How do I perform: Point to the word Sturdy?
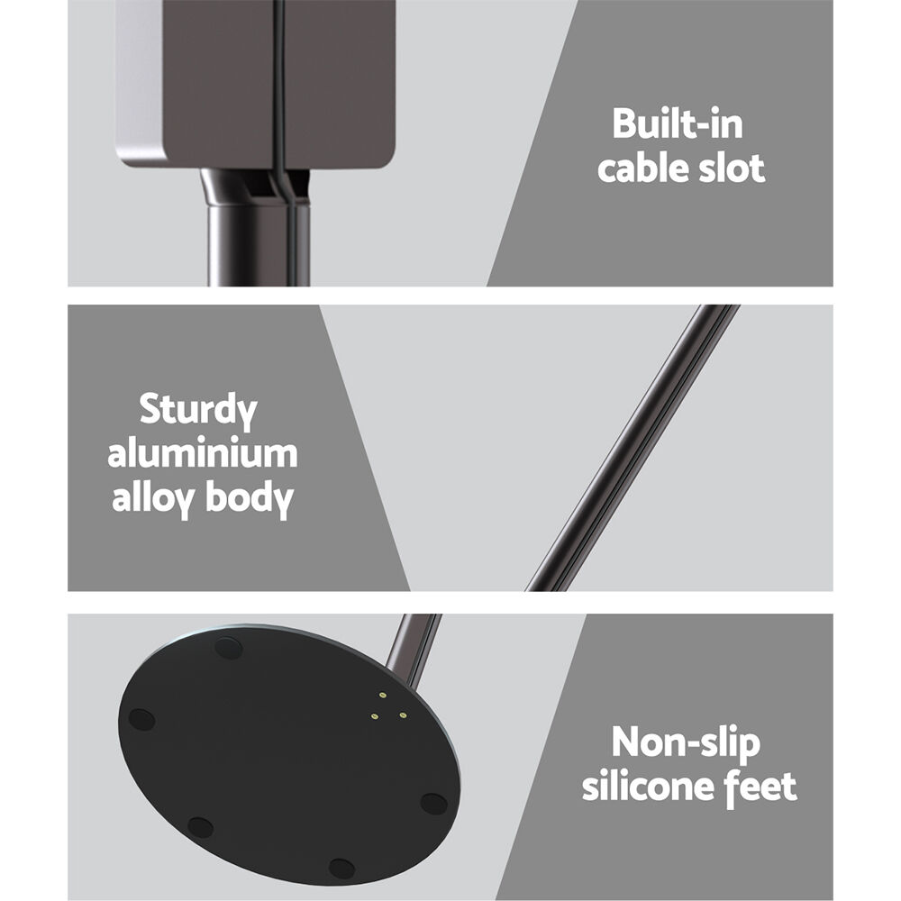pos(198,411)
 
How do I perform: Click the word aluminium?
pos(202,453)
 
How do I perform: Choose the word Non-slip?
pos(686,743)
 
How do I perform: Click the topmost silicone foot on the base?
pos(228,648)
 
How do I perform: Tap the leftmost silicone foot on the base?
pos(141,719)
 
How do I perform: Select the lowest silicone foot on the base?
pos(341,869)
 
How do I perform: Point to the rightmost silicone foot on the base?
pos(434,804)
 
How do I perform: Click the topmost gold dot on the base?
pos(383,696)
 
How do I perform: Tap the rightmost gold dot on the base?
pos(403,715)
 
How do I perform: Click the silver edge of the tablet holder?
pos(140,86)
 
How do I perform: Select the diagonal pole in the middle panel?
pos(633,448)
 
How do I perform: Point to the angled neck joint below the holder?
pos(256,186)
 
